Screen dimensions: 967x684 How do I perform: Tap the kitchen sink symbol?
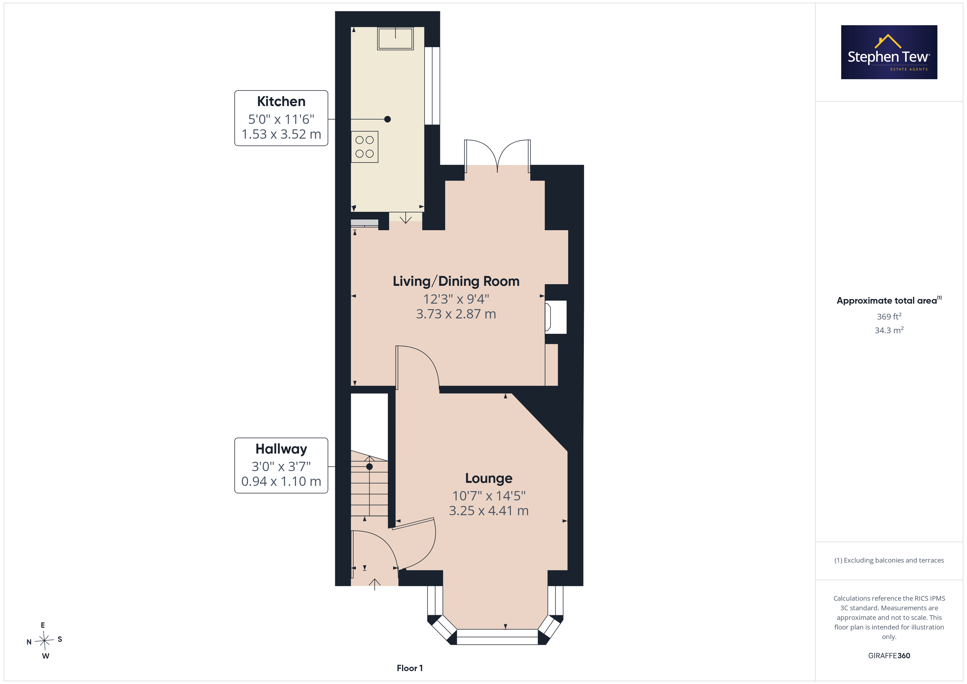pyautogui.click(x=395, y=39)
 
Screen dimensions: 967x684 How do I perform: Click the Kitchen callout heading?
pyautogui.click(x=281, y=101)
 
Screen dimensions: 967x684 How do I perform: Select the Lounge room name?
pyautogui.click(x=488, y=478)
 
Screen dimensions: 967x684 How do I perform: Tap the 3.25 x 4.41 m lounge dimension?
pyautogui.click(x=488, y=511)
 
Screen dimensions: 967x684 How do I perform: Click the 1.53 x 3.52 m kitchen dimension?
pyautogui.click(x=281, y=134)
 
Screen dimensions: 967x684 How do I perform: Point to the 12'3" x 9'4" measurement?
pyautogui.click(x=456, y=299)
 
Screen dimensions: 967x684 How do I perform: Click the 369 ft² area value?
pyautogui.click(x=889, y=316)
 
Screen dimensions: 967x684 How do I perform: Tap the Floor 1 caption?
pyautogui.click(x=409, y=668)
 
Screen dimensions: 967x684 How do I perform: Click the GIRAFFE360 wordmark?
pyautogui.click(x=889, y=655)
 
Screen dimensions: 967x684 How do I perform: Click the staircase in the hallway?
pyautogui.click(x=369, y=486)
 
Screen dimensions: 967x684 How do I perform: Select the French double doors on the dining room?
pyautogui.click(x=497, y=156)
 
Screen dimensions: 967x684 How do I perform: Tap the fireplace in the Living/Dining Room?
pyautogui.click(x=556, y=317)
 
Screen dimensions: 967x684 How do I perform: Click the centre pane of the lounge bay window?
pyautogui.click(x=497, y=637)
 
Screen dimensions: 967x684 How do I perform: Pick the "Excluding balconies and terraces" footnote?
pyautogui.click(x=889, y=560)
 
